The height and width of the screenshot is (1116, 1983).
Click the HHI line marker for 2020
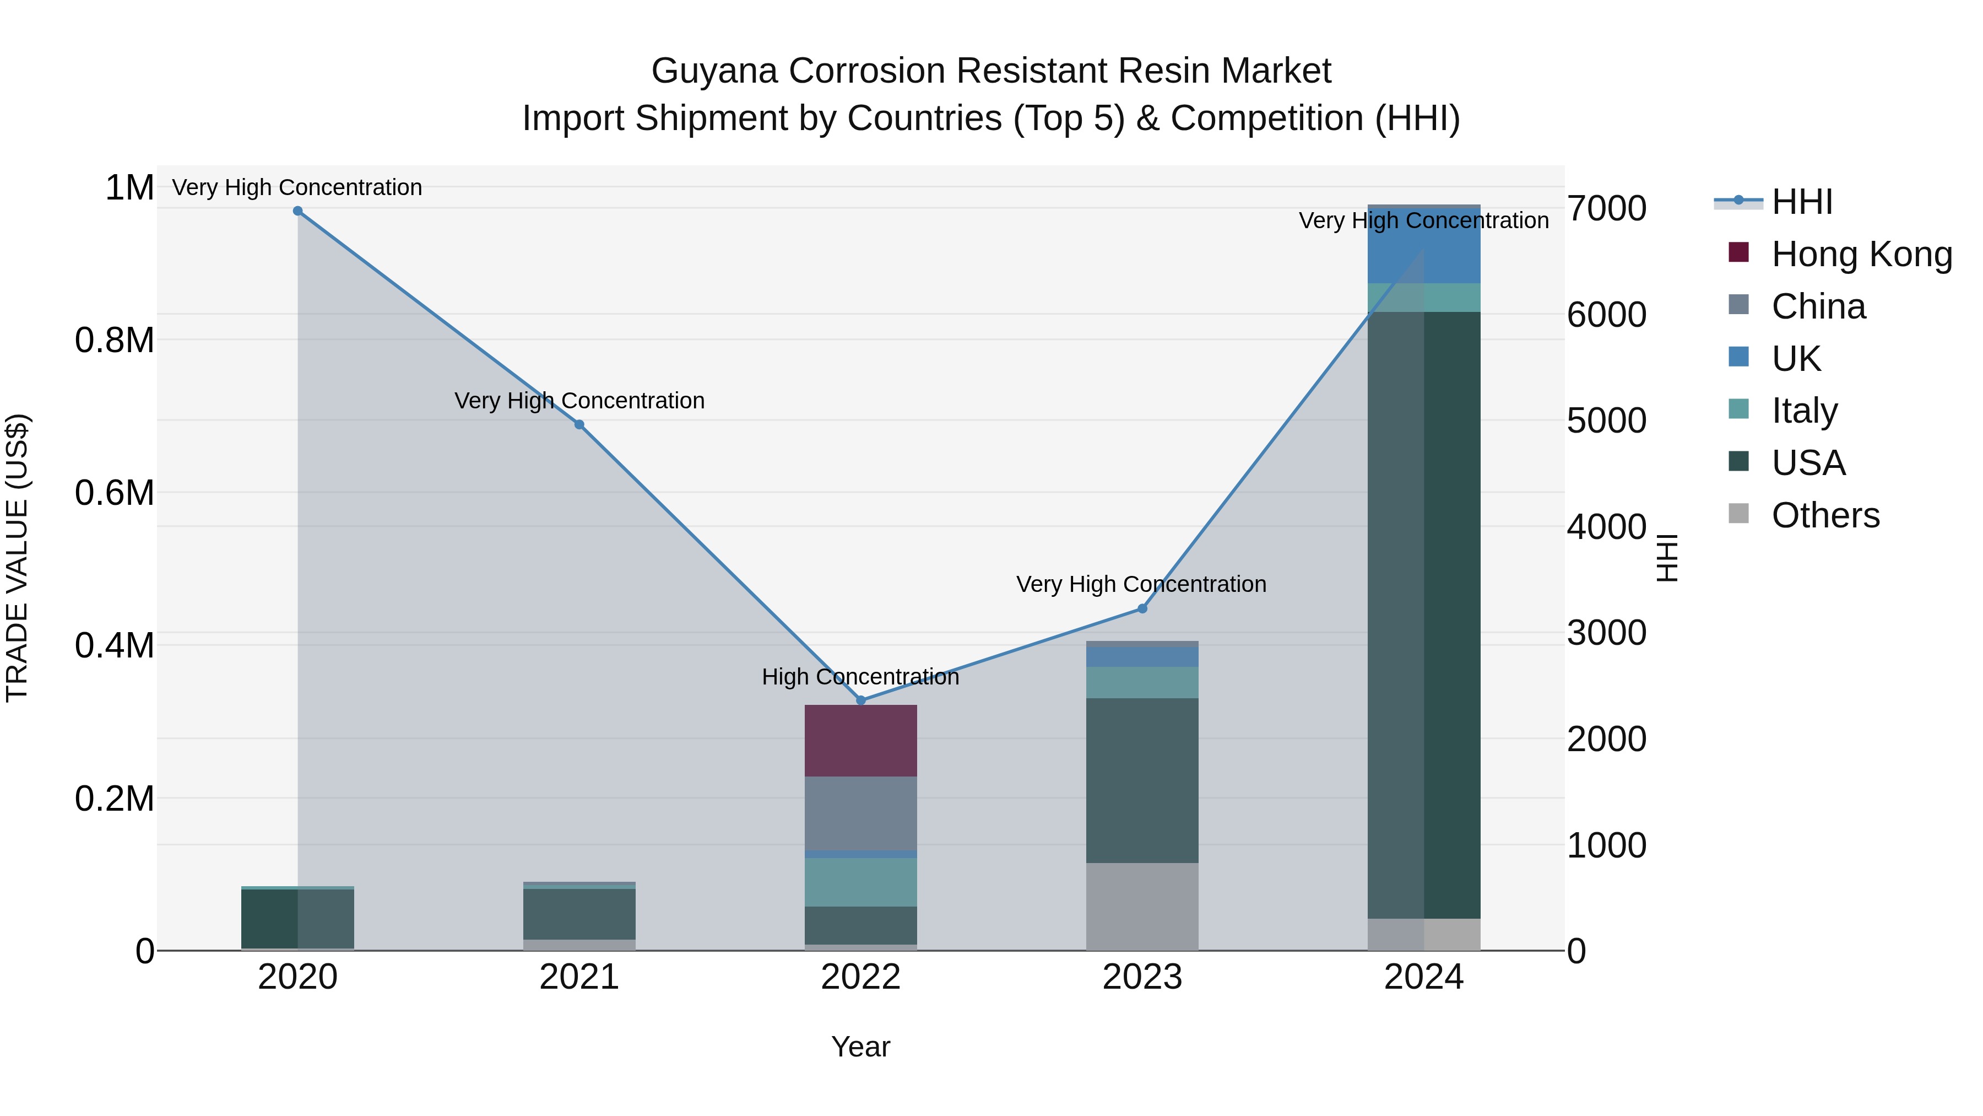point(298,211)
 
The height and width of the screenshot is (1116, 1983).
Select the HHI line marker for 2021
point(579,424)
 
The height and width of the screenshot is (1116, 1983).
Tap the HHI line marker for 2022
point(862,700)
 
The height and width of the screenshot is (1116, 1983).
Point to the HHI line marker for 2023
point(1142,608)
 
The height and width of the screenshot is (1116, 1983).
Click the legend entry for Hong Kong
point(1840,254)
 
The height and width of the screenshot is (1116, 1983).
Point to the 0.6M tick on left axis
point(114,493)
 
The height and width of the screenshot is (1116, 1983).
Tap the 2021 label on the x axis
point(579,977)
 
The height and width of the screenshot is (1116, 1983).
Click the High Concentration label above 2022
point(860,677)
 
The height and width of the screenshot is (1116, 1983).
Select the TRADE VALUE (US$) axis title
point(17,558)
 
